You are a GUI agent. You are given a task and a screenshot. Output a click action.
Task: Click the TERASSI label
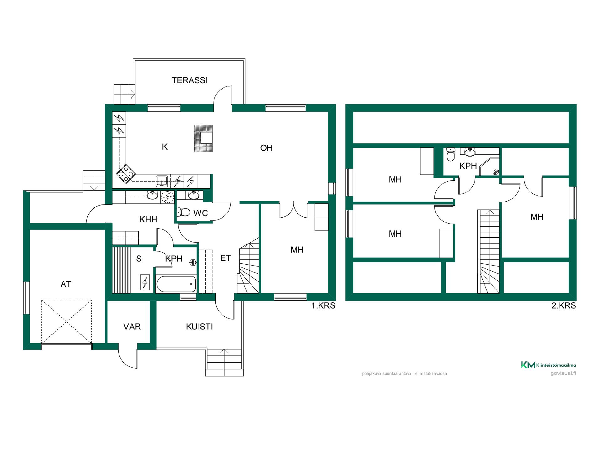click(x=189, y=80)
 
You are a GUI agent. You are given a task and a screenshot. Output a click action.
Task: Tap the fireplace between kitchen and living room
click(x=203, y=138)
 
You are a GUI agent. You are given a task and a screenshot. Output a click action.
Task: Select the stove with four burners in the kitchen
click(x=126, y=174)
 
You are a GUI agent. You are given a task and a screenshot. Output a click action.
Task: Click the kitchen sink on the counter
click(x=162, y=181)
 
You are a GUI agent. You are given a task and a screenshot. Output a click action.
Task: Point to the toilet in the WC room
click(x=184, y=213)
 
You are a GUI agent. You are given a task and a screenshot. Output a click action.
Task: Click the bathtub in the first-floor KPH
click(x=176, y=283)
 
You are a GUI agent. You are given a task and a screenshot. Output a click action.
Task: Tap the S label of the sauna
click(x=139, y=259)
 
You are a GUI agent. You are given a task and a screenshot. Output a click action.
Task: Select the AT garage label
click(x=66, y=284)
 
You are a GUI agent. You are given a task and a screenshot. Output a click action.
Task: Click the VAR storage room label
click(x=132, y=327)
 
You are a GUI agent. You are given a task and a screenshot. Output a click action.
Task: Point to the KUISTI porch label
click(x=199, y=327)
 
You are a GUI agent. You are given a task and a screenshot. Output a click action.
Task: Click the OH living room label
click(x=266, y=148)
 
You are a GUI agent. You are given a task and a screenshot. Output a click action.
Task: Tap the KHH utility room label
click(x=148, y=219)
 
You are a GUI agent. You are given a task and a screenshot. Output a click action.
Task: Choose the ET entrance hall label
click(x=226, y=258)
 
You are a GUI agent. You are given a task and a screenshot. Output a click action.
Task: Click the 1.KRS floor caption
click(x=323, y=306)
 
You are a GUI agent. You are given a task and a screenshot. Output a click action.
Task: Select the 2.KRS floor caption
click(x=563, y=306)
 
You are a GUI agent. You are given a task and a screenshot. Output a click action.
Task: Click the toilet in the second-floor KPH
click(x=450, y=154)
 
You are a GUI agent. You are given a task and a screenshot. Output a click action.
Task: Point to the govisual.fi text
click(x=563, y=373)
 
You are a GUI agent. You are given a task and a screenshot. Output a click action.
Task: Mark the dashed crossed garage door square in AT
click(x=67, y=322)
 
